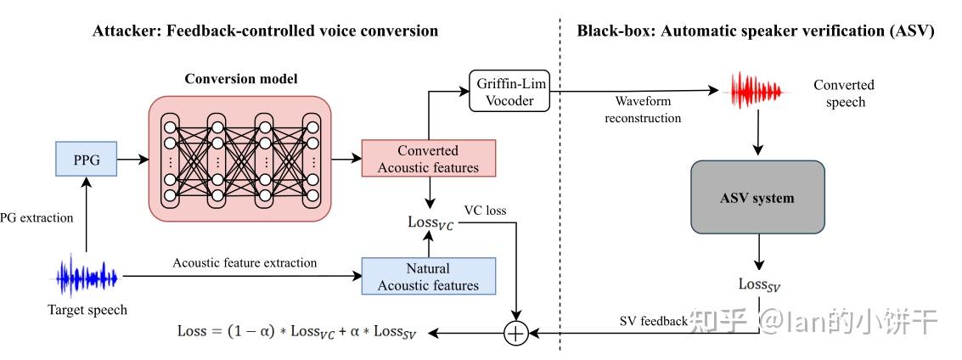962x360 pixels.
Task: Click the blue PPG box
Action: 86,158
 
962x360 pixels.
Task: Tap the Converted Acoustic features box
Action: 428,159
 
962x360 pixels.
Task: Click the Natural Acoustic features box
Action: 428,276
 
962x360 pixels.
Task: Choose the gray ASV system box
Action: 758,197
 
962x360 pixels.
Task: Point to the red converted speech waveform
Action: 758,92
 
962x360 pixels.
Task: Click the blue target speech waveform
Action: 86,277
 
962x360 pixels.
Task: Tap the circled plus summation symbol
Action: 515,333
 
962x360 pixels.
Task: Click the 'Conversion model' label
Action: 241,79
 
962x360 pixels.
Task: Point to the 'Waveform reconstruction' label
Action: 643,110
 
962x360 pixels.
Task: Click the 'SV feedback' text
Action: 653,321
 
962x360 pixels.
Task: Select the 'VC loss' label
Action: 485,209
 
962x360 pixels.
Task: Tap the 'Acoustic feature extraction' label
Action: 245,263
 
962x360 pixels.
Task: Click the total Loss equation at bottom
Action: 297,332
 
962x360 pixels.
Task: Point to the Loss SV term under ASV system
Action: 759,285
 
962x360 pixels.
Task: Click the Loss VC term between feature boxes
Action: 431,222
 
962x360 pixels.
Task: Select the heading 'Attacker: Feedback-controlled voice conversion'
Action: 266,31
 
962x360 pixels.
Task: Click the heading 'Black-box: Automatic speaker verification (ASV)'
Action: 756,31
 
